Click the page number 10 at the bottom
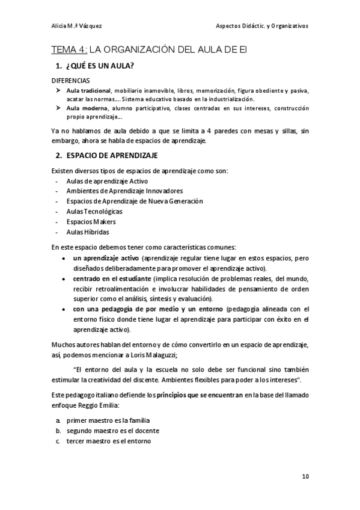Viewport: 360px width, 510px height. tap(305, 476)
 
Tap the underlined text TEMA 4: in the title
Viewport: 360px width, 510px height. tap(69, 49)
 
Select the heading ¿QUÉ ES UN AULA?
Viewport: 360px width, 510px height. tap(100, 65)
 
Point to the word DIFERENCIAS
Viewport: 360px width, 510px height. tap(71, 80)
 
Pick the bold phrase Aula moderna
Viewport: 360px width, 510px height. tap(86, 108)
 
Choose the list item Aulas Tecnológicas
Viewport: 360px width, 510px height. tap(95, 212)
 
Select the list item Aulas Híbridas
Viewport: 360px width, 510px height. tap(88, 232)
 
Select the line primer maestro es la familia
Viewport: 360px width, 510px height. tap(108, 420)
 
